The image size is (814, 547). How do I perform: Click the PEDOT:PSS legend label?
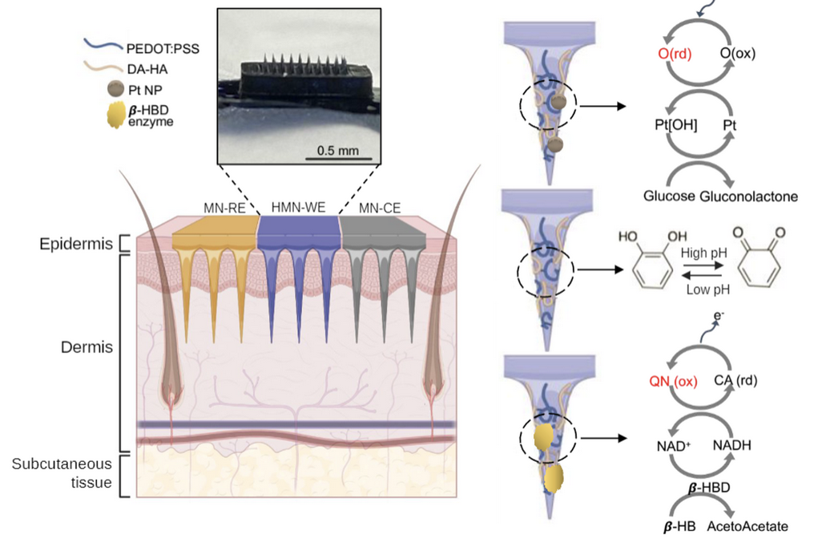click(163, 49)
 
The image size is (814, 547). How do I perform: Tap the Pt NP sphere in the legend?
click(115, 89)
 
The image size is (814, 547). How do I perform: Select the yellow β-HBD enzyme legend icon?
click(115, 115)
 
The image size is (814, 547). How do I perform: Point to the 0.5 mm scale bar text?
click(338, 151)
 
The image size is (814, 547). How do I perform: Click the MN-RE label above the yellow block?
click(224, 209)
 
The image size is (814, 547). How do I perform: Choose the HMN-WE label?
click(298, 207)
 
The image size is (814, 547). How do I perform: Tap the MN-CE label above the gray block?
click(380, 209)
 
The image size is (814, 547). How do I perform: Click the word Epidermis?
click(76, 244)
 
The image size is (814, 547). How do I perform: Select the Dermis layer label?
click(87, 347)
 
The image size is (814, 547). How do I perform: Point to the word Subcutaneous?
click(62, 464)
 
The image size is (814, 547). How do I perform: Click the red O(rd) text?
click(675, 54)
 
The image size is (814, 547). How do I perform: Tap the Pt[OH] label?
click(676, 125)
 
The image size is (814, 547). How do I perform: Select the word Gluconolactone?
click(748, 197)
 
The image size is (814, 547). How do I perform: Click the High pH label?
click(703, 253)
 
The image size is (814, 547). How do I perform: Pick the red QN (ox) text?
click(673, 381)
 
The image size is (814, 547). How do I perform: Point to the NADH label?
click(731, 445)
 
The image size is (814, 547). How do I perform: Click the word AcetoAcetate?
click(747, 526)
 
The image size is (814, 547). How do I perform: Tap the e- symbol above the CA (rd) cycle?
click(719, 315)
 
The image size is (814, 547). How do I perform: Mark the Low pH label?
click(707, 290)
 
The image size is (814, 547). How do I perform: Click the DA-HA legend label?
click(147, 69)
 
